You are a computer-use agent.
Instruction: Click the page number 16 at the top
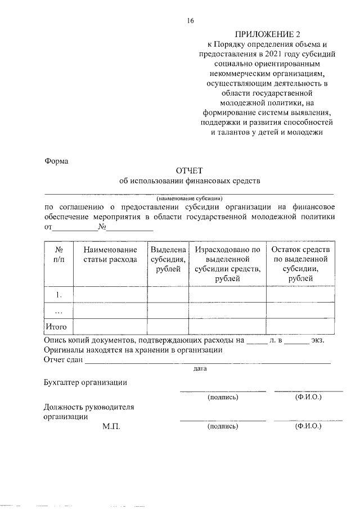[190, 21]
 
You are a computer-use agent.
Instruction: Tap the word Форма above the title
[56, 161]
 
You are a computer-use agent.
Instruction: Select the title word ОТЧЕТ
[190, 170]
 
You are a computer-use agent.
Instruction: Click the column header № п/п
[58, 254]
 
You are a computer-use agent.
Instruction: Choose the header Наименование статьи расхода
[110, 254]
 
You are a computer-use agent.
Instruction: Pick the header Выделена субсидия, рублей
[168, 259]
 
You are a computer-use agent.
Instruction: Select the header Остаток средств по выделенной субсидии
[300, 264]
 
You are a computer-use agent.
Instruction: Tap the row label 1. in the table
[58, 294]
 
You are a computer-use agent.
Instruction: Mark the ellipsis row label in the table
[58, 310]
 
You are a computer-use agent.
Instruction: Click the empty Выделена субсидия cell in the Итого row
[168, 326]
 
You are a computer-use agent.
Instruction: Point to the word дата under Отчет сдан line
[200, 369]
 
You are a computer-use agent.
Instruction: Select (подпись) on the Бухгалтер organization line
[223, 397]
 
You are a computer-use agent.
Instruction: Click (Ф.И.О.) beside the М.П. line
[308, 427]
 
